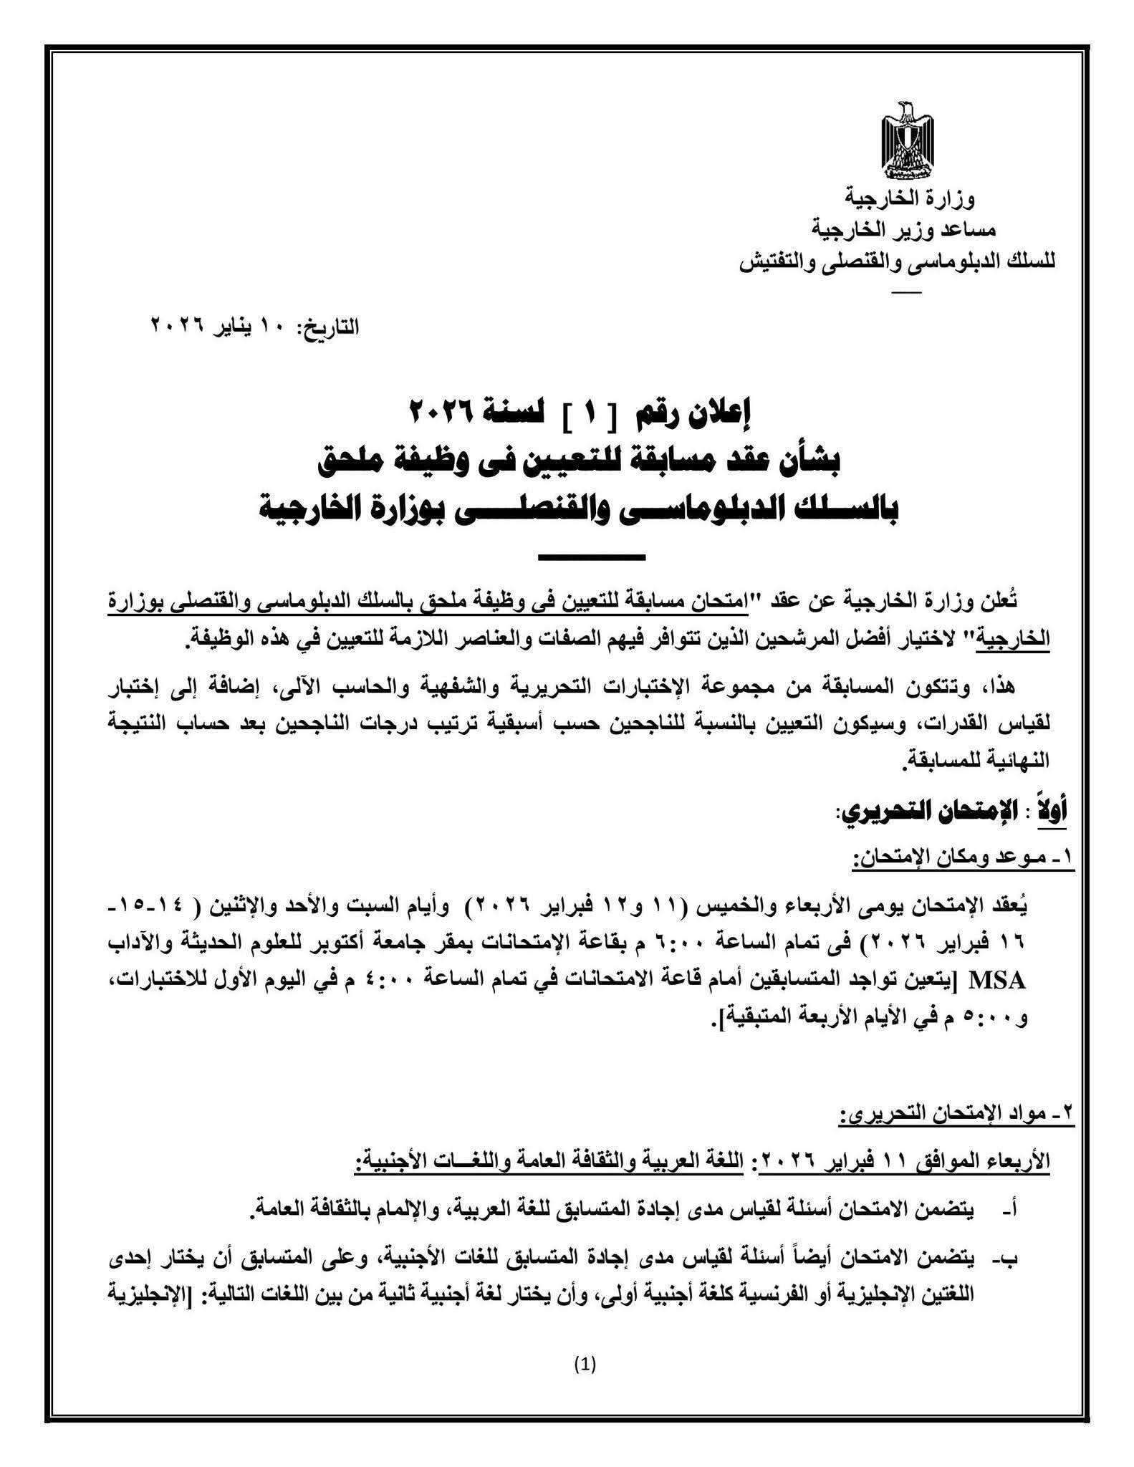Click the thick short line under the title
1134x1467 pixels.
[x=591, y=557]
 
